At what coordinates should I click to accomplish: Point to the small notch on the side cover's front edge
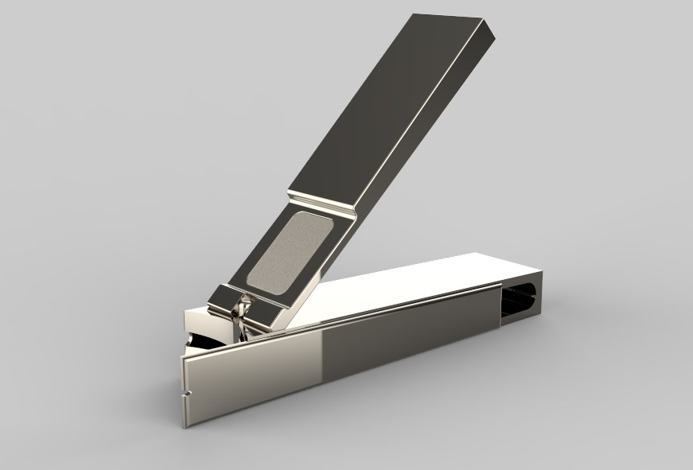click(188, 393)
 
